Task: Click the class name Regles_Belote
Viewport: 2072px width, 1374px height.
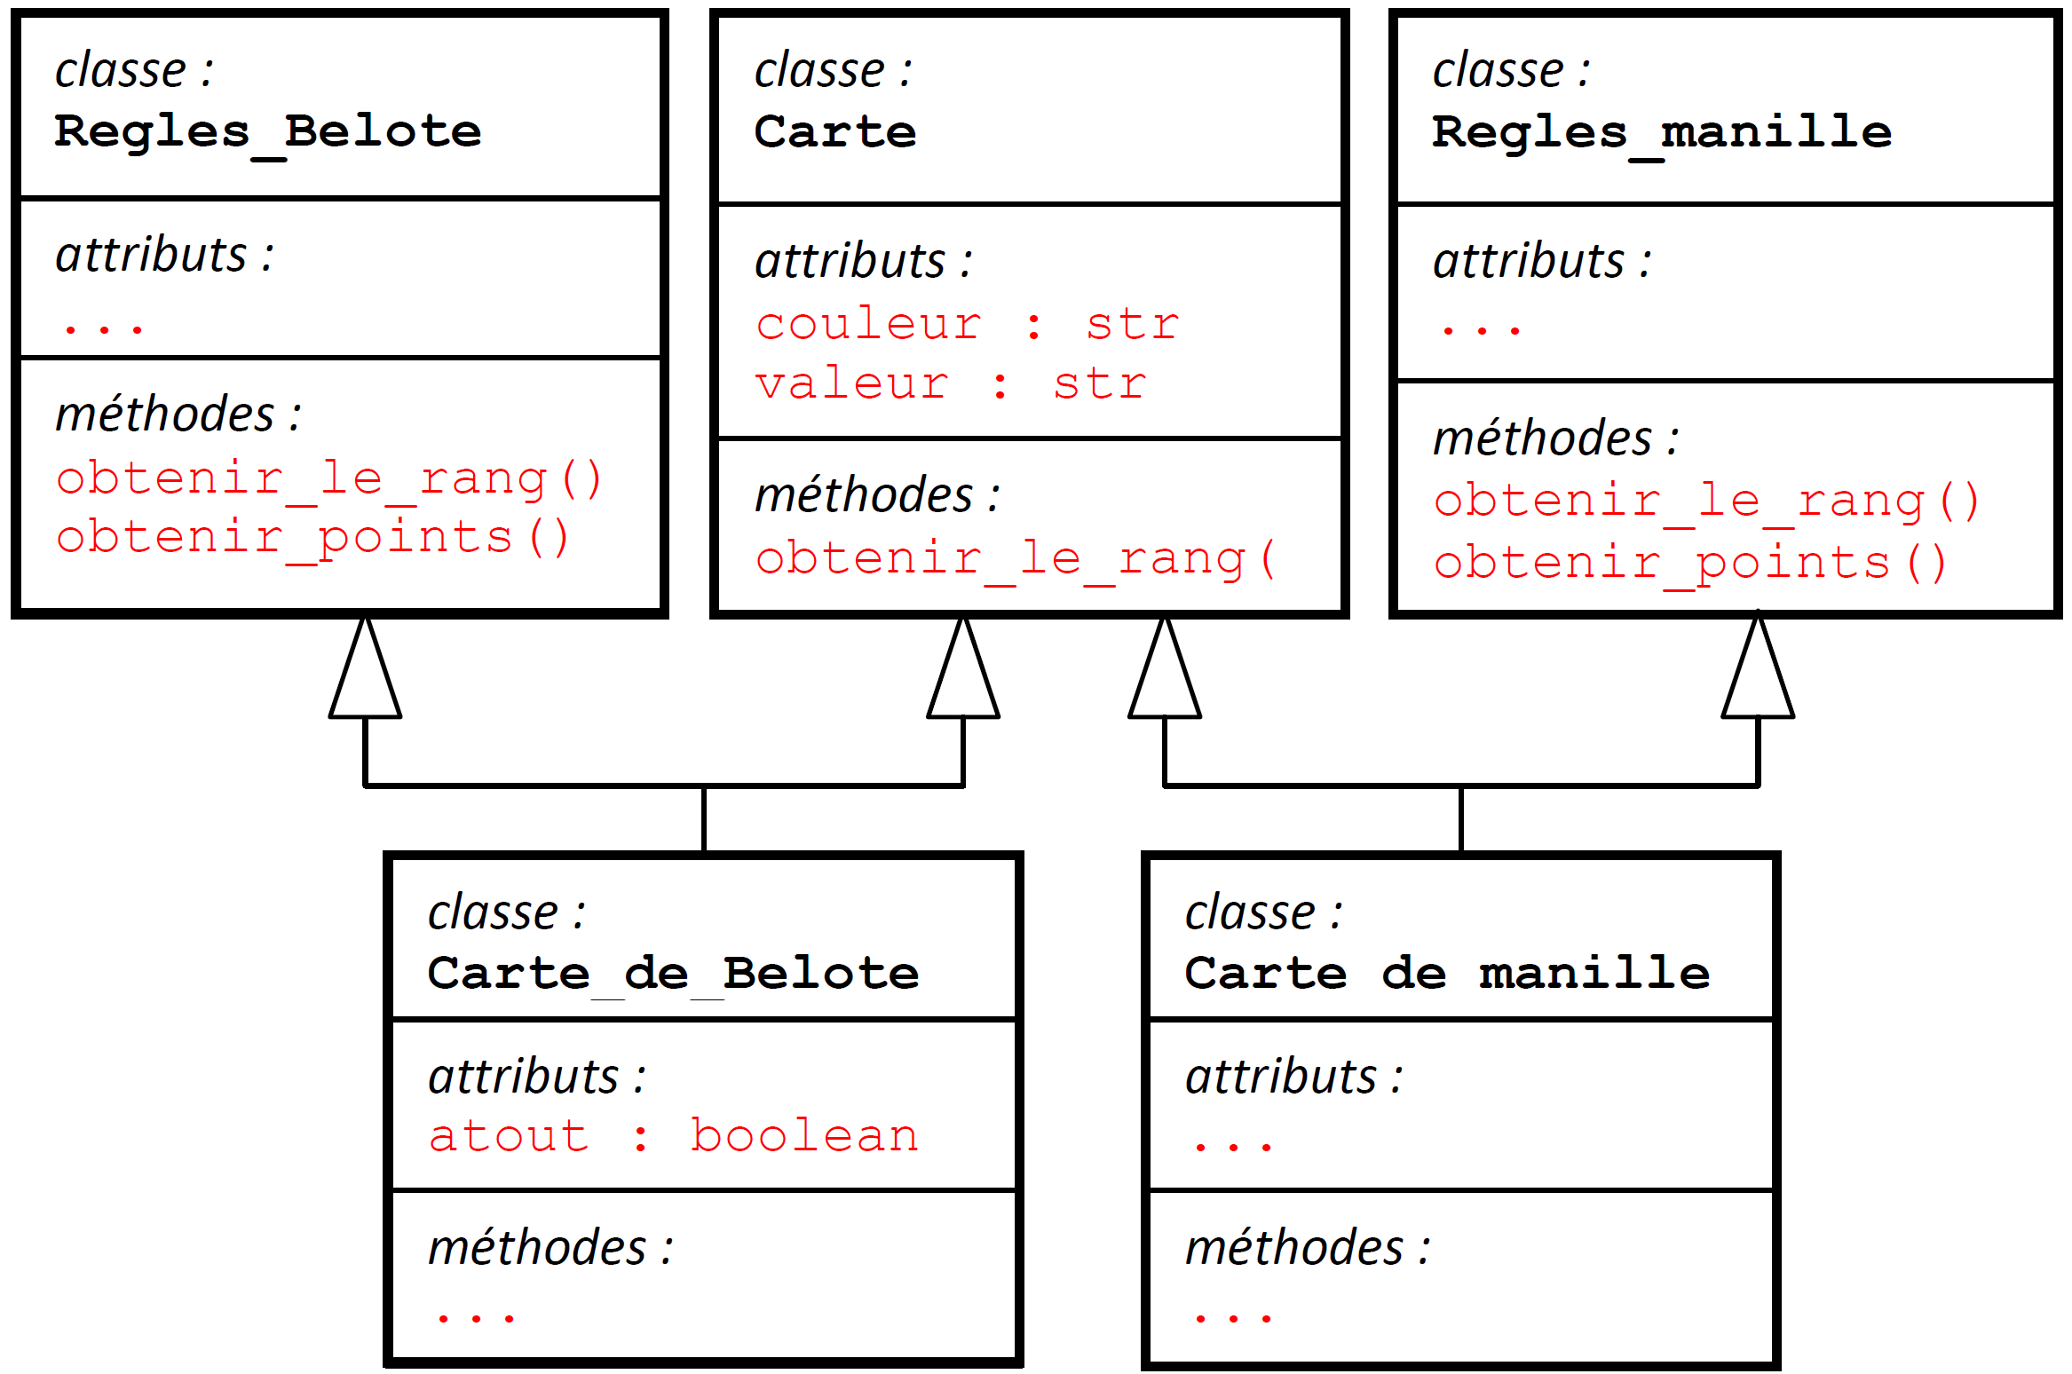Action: (x=267, y=132)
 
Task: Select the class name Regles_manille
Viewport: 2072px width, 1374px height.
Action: (x=1661, y=133)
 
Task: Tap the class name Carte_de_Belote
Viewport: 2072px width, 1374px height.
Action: (x=673, y=974)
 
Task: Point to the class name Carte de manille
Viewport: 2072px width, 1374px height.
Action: (x=1447, y=974)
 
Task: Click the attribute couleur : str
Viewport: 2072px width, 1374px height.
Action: (x=967, y=324)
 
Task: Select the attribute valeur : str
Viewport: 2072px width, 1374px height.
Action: (x=950, y=384)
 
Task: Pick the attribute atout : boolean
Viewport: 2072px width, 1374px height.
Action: (x=673, y=1137)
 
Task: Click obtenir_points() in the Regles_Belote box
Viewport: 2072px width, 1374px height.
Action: (x=312, y=539)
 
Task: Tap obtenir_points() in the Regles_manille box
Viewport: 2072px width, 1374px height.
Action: (x=1690, y=564)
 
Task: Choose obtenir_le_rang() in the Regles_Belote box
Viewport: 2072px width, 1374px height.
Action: (x=328, y=479)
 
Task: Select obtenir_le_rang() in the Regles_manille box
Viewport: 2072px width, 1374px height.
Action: (x=1706, y=501)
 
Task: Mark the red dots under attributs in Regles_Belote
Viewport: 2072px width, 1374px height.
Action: (x=104, y=329)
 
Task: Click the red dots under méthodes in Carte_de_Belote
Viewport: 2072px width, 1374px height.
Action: (x=476, y=1318)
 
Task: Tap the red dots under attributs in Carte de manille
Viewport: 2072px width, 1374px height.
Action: (x=1233, y=1147)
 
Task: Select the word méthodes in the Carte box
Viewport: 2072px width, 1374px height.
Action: (x=864, y=495)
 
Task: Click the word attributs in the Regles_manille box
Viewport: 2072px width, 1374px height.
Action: (x=1529, y=262)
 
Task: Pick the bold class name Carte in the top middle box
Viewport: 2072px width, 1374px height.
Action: (x=834, y=132)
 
